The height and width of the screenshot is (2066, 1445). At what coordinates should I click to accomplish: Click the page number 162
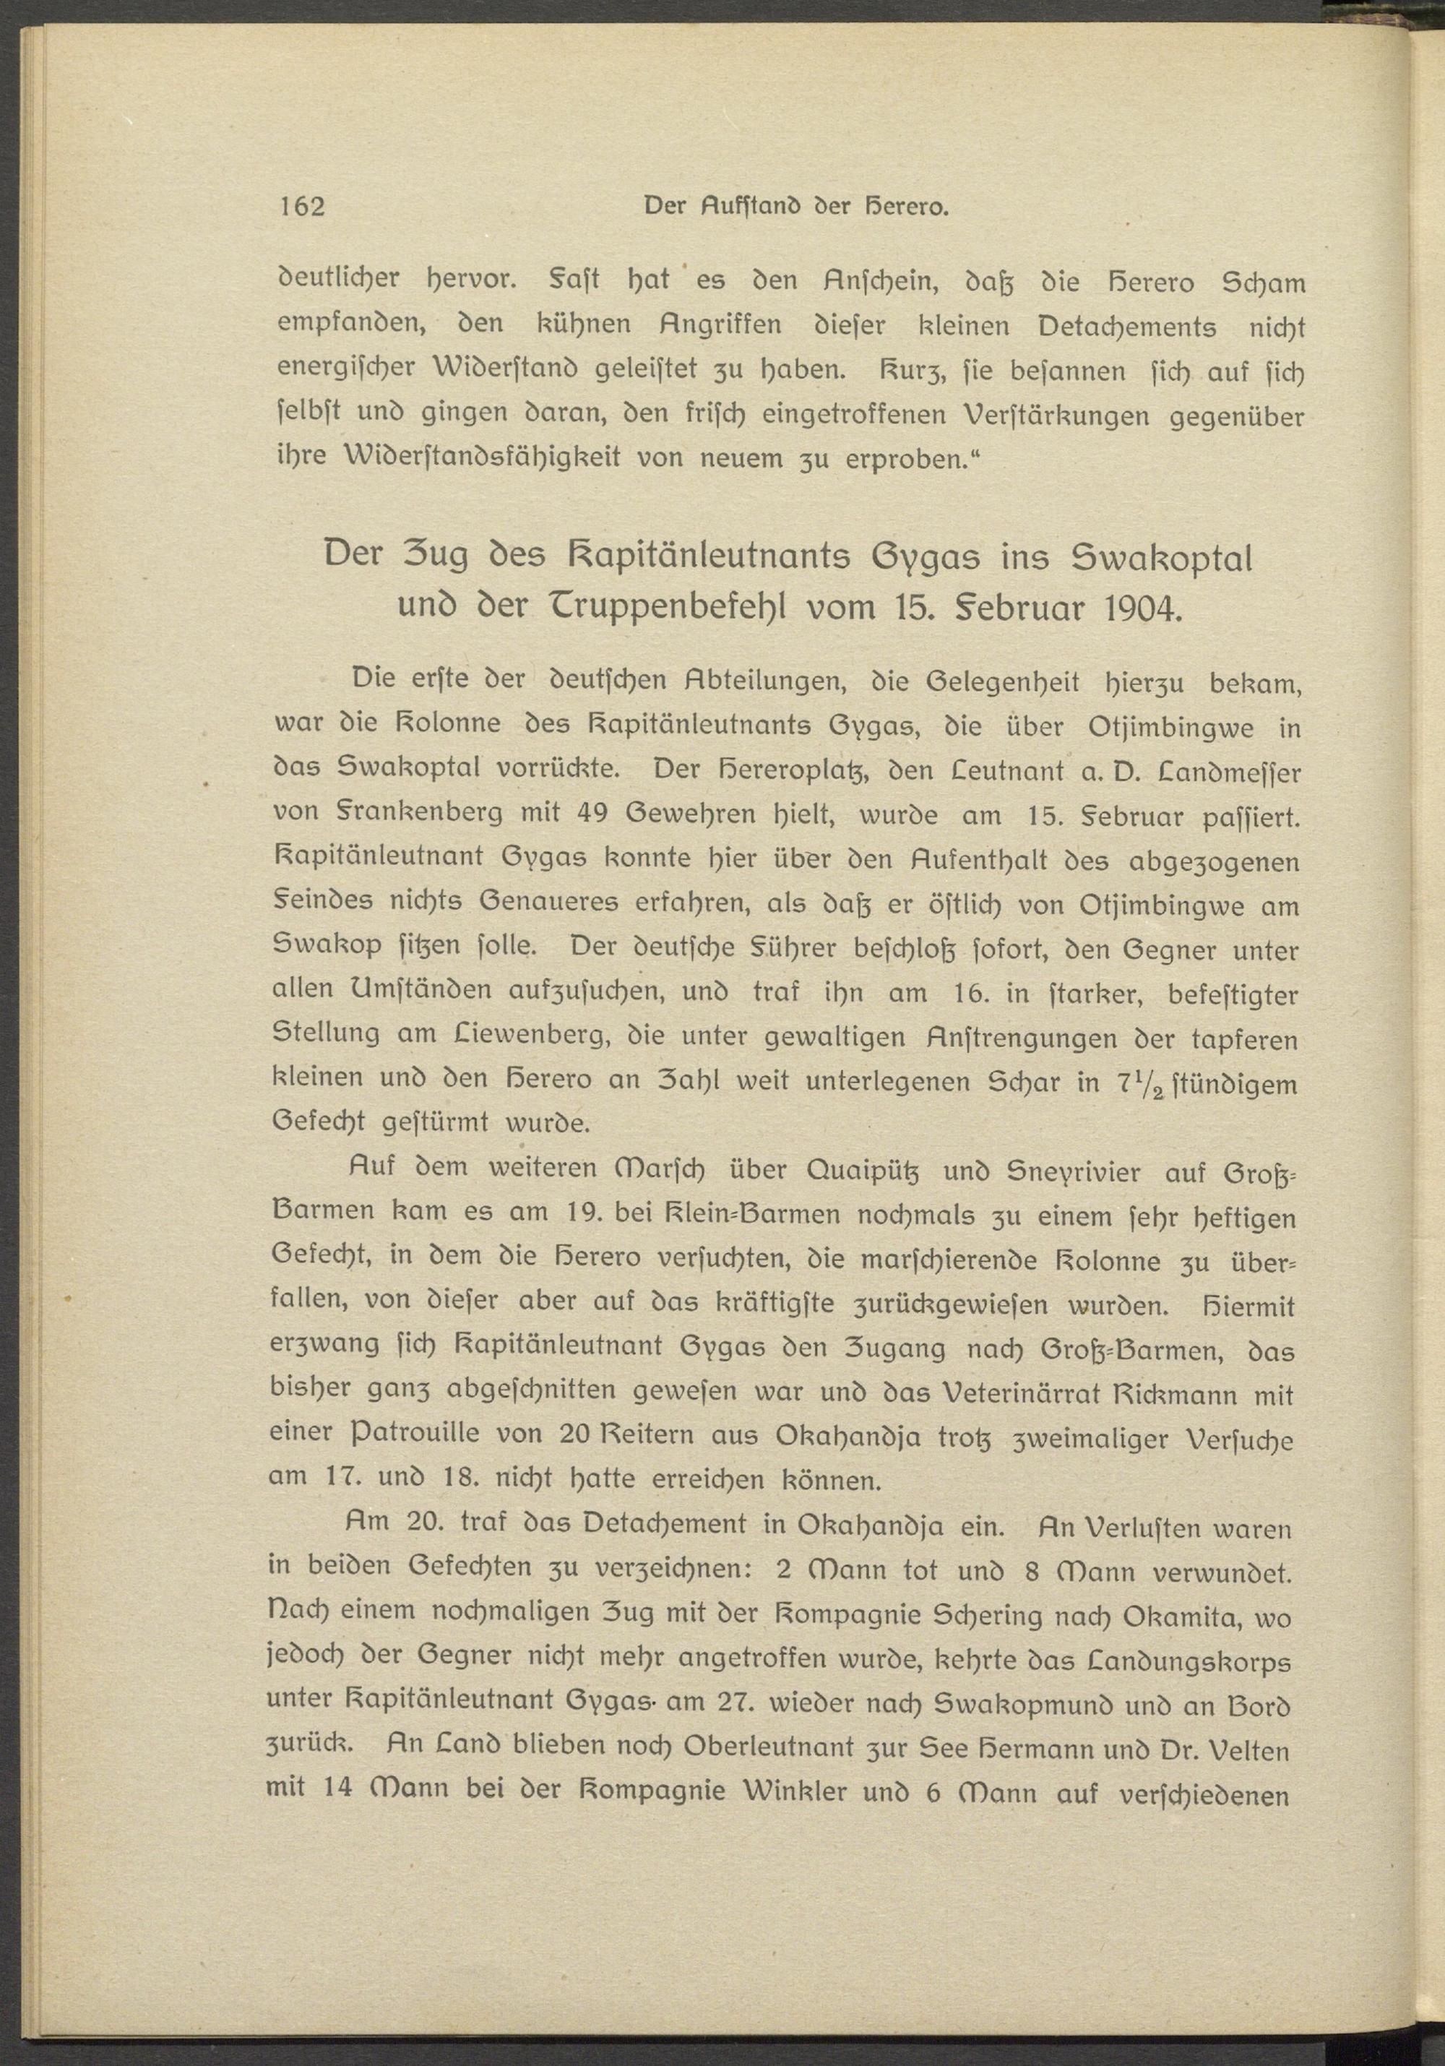[x=301, y=207]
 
